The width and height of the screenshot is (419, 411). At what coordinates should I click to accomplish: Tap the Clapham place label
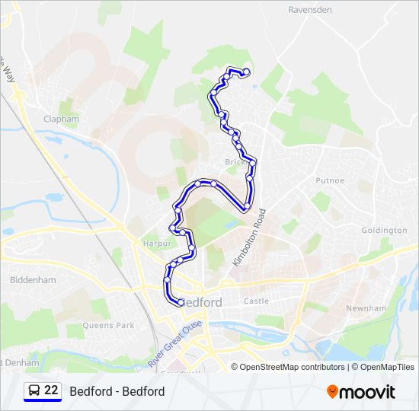point(62,119)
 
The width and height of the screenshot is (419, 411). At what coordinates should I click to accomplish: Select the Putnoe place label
point(330,180)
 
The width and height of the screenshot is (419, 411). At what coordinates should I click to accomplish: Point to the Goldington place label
point(385,230)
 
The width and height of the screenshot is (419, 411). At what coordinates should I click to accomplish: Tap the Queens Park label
point(108,325)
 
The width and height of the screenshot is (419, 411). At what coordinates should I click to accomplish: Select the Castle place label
point(256,301)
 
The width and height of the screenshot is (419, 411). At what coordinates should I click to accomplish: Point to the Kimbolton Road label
point(250,237)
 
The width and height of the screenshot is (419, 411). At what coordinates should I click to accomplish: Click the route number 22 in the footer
point(51,390)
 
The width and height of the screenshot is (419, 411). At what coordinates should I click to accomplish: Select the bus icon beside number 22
point(34,391)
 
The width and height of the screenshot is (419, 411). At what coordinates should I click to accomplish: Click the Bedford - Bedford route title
point(117,391)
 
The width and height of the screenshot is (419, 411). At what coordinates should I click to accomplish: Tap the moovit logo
point(361,391)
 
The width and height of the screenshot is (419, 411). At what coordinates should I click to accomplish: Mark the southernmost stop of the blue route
point(181,302)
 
